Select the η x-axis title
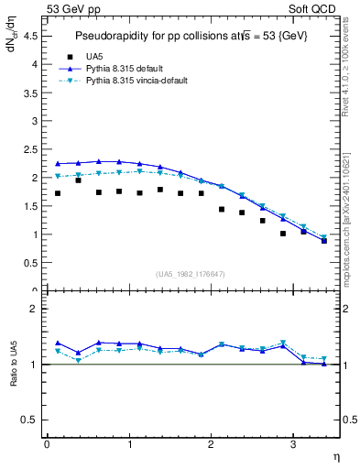click(x=334, y=455)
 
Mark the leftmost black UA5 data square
click(x=58, y=193)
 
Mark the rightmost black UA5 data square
click(x=324, y=241)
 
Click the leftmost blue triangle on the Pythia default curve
click(x=58, y=164)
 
